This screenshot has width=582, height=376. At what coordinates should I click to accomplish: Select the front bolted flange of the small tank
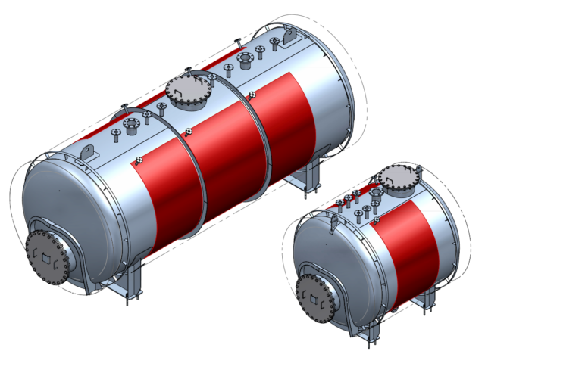pyautogui.click(x=315, y=297)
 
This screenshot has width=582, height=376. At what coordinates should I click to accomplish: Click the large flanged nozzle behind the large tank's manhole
pyautogui.click(x=245, y=60)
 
